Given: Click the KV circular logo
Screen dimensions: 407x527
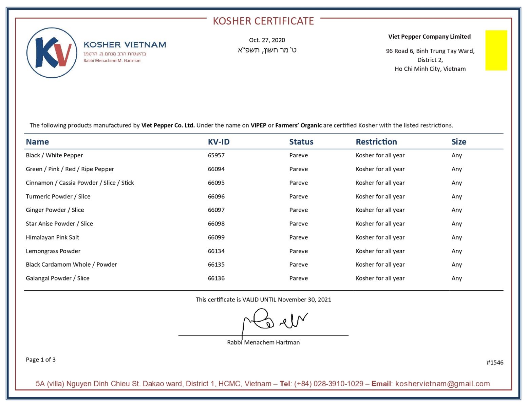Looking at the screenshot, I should [52, 53].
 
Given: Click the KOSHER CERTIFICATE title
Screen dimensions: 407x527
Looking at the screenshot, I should [263, 21].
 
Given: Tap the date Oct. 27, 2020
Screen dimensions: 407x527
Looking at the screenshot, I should [267, 40].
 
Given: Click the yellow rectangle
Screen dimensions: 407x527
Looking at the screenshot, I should [496, 50].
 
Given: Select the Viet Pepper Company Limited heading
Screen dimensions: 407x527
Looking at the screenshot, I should [429, 37].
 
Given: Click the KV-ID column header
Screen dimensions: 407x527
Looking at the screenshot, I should [219, 142].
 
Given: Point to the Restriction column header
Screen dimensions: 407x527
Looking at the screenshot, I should [376, 142].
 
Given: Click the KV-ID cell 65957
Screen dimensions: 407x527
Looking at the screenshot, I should [216, 155].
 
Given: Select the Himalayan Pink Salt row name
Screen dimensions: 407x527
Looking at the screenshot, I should [52, 237].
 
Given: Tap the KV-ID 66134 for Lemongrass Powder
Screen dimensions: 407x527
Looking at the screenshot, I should [216, 251].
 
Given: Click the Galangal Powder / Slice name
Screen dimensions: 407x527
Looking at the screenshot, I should [57, 278].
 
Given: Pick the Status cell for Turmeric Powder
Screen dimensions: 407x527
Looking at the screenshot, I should [298, 196].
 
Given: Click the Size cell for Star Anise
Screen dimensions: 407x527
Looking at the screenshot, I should [456, 224].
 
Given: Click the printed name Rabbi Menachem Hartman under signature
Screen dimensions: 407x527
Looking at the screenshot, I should [263, 343].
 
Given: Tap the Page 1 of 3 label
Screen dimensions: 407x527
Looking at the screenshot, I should [41, 360].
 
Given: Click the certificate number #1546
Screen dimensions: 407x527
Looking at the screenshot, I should [495, 363].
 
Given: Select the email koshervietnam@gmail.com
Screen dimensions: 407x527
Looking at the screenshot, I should [443, 384].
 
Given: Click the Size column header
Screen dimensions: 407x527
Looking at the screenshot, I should [458, 142].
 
